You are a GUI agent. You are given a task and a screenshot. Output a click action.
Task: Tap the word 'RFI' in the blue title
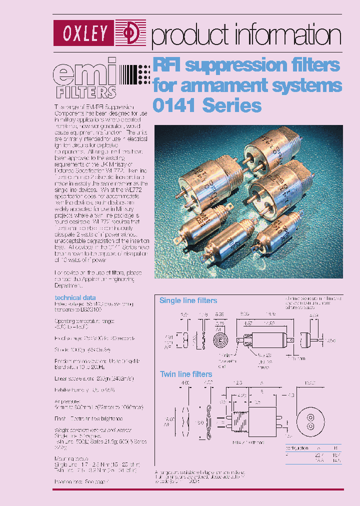[x=168, y=65]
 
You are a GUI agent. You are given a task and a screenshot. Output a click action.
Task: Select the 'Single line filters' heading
[x=188, y=300]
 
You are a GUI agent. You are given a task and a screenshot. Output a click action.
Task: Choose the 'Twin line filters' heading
[x=185, y=374]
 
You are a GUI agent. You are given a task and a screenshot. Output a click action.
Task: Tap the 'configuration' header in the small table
[x=297, y=448]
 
